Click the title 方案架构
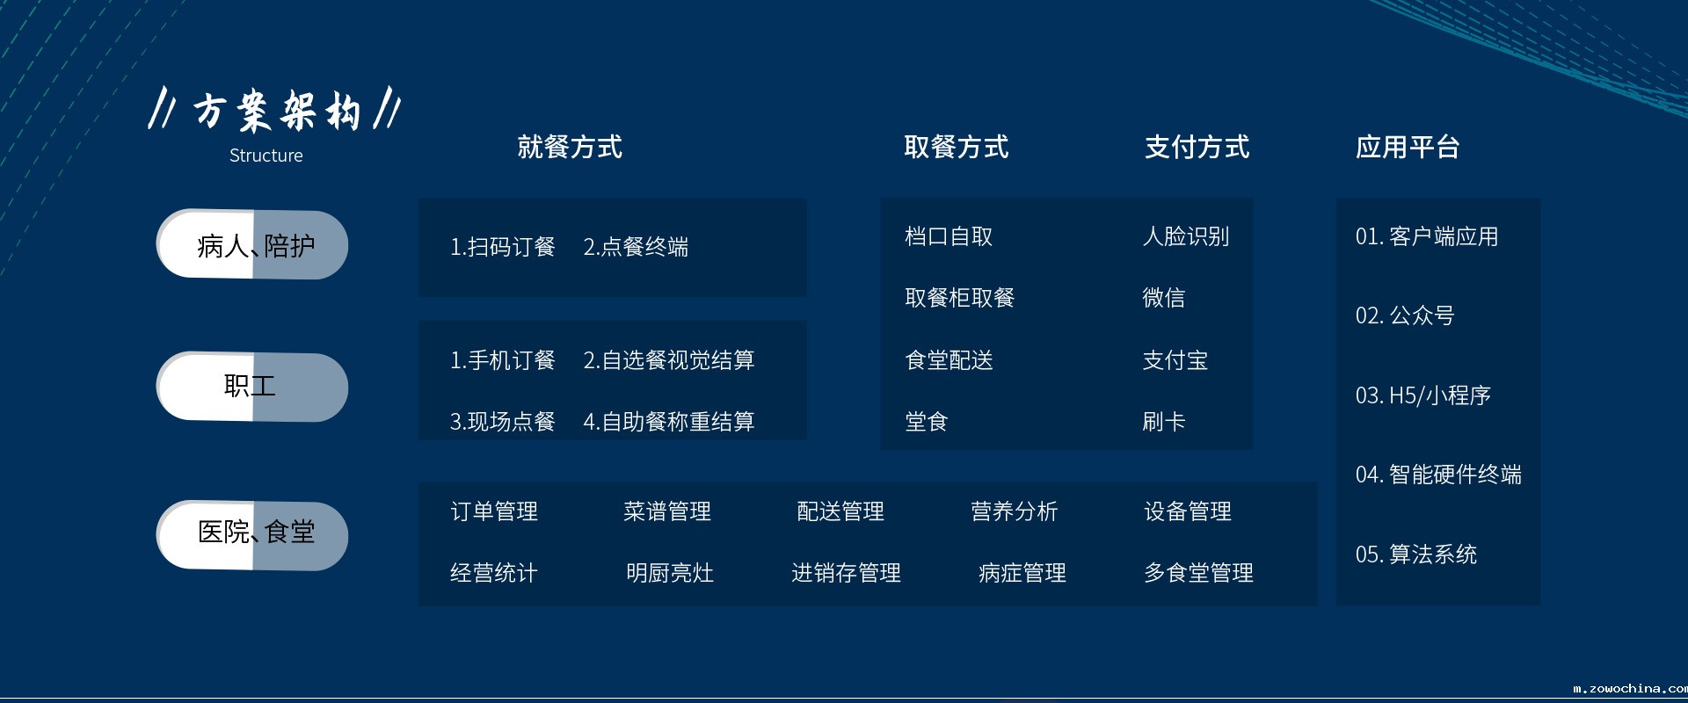[276, 112]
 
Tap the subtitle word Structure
[266, 156]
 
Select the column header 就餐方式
[570, 147]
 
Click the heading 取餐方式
[957, 147]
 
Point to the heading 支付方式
[1197, 147]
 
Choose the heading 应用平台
[1408, 147]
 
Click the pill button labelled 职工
[252, 387]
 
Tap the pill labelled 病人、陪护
[252, 244]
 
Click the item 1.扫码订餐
[503, 247]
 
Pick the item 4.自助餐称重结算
[669, 422]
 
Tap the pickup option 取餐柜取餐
[959, 298]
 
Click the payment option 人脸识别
[1185, 236]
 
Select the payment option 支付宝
[1175, 360]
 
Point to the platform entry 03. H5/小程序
[1423, 395]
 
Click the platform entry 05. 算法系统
[1416, 554]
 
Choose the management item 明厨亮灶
[670, 573]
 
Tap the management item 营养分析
[1014, 511]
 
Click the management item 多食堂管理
[1198, 573]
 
